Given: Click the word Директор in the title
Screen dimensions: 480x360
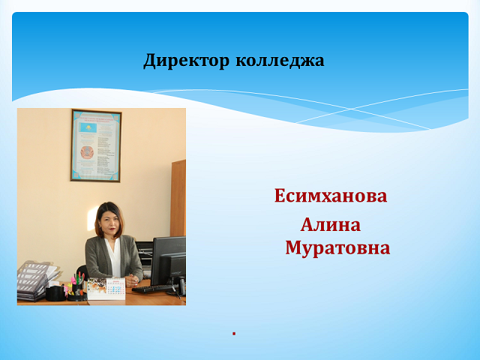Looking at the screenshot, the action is (x=186, y=60).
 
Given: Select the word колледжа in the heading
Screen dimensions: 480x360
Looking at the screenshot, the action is (x=280, y=60).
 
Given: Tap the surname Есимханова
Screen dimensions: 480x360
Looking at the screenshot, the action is (x=331, y=196).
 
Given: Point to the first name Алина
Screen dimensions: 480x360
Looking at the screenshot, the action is (x=331, y=225).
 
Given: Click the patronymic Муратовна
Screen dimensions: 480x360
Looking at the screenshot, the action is (x=337, y=247).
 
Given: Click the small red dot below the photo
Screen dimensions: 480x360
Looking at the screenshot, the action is (x=234, y=333).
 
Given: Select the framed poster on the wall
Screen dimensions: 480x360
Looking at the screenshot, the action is (x=96, y=145).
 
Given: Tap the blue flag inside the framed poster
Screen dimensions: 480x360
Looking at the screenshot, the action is (x=88, y=127).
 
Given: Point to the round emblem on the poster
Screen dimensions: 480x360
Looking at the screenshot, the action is (x=87, y=152).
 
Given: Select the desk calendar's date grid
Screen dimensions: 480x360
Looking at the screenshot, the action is (x=115, y=289).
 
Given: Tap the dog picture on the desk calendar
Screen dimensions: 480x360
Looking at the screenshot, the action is (x=97, y=287).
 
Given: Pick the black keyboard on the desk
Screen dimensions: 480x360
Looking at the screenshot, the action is (x=153, y=289).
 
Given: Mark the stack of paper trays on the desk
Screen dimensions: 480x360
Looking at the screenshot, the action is (x=34, y=280).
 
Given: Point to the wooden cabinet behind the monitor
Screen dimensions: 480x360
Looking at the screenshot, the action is (x=178, y=198).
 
